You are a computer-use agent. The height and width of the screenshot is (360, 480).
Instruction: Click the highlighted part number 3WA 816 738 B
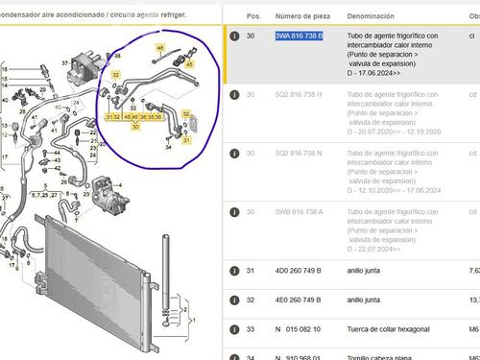[299, 36]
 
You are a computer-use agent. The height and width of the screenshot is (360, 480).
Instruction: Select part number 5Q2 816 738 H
[299, 95]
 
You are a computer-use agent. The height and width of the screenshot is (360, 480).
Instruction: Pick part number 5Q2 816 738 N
[299, 154]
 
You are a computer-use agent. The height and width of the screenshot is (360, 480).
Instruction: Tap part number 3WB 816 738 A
[299, 213]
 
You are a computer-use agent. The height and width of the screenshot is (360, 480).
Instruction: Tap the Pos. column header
[253, 16]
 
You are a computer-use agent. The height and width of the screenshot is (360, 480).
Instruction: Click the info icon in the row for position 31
[233, 272]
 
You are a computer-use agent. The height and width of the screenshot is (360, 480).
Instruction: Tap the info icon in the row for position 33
[233, 328]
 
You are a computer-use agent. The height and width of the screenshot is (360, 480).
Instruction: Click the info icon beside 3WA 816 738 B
[233, 36]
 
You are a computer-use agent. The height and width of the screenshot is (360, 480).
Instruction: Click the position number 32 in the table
[252, 300]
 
